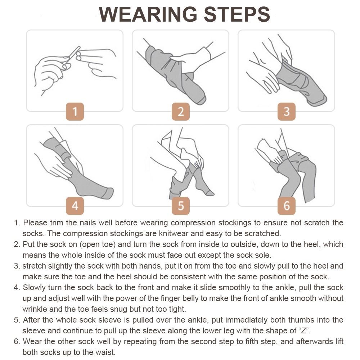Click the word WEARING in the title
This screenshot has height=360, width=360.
tap(148, 14)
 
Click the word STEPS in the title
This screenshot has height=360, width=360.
tap(237, 14)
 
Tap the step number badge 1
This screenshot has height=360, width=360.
tap(75, 112)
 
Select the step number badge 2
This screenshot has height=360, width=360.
tap(181, 112)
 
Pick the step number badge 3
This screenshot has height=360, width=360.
tap(287, 112)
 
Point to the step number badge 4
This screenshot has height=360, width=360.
tap(75, 206)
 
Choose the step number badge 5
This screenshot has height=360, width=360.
tap(181, 206)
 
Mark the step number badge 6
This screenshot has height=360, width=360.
tap(287, 206)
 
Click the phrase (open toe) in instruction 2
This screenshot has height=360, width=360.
tap(98, 244)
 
